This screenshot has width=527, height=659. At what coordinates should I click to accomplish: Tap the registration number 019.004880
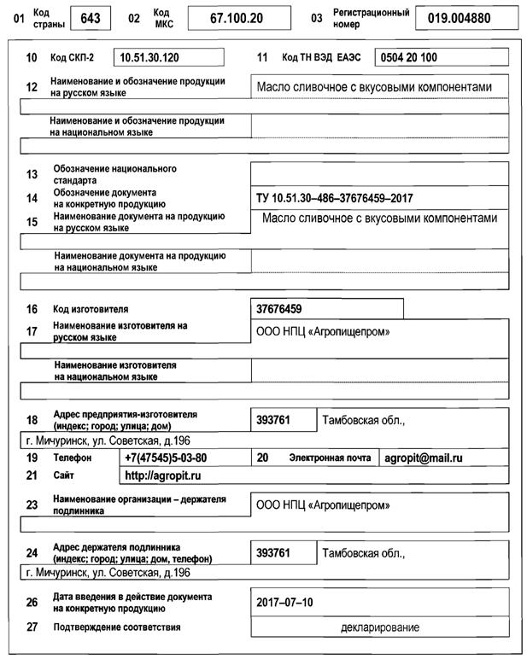click(x=459, y=18)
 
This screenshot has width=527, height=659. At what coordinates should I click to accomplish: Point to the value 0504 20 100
click(x=407, y=57)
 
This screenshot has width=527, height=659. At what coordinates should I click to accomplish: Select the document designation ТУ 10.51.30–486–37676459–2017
click(x=335, y=198)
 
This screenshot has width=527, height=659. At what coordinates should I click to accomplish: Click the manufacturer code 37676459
click(x=279, y=308)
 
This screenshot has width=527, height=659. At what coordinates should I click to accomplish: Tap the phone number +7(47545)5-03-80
click(x=166, y=458)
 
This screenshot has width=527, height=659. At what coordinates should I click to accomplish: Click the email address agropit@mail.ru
click(x=422, y=458)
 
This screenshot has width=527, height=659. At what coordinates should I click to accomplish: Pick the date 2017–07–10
click(x=285, y=602)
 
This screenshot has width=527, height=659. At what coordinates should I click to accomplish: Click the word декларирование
click(x=380, y=627)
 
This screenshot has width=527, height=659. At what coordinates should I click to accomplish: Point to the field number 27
click(x=32, y=627)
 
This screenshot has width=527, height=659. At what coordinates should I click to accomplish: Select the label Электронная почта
click(x=330, y=458)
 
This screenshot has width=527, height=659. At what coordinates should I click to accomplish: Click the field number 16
click(x=32, y=309)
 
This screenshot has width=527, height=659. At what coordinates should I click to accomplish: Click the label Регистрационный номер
click(x=372, y=18)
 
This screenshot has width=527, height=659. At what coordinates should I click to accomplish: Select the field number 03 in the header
click(x=317, y=18)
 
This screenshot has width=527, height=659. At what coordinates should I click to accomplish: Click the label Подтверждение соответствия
click(x=117, y=627)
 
